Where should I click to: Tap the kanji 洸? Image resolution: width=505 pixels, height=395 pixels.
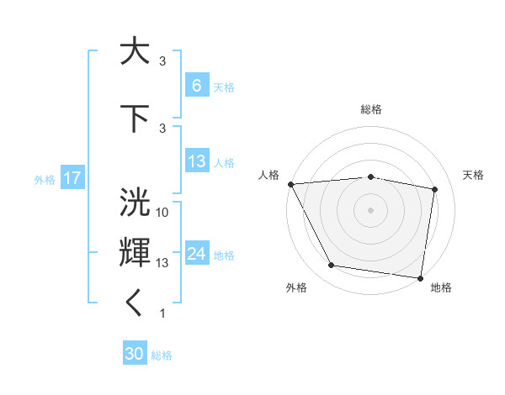(135, 202)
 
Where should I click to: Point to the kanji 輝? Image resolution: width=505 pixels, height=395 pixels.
(135, 252)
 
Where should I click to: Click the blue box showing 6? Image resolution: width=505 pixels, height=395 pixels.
(196, 86)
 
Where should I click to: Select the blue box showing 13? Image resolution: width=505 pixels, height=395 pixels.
(196, 161)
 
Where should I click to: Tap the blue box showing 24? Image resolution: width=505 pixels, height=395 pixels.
(196, 254)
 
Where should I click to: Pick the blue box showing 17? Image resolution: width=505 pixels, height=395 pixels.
(72, 178)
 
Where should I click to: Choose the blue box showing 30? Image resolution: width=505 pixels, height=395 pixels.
(135, 354)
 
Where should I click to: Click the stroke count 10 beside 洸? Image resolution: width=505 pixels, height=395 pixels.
(163, 213)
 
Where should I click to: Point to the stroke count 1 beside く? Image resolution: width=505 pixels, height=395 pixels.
(163, 313)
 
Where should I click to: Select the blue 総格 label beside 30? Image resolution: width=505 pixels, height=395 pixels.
(162, 355)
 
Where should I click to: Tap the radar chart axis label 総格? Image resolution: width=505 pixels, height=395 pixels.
(371, 109)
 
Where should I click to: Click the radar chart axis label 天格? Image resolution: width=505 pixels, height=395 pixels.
(474, 175)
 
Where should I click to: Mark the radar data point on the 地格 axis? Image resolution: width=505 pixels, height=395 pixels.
(421, 277)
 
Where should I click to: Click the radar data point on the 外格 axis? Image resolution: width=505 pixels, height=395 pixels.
(332, 266)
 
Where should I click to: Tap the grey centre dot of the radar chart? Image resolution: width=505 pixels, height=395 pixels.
(371, 210)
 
